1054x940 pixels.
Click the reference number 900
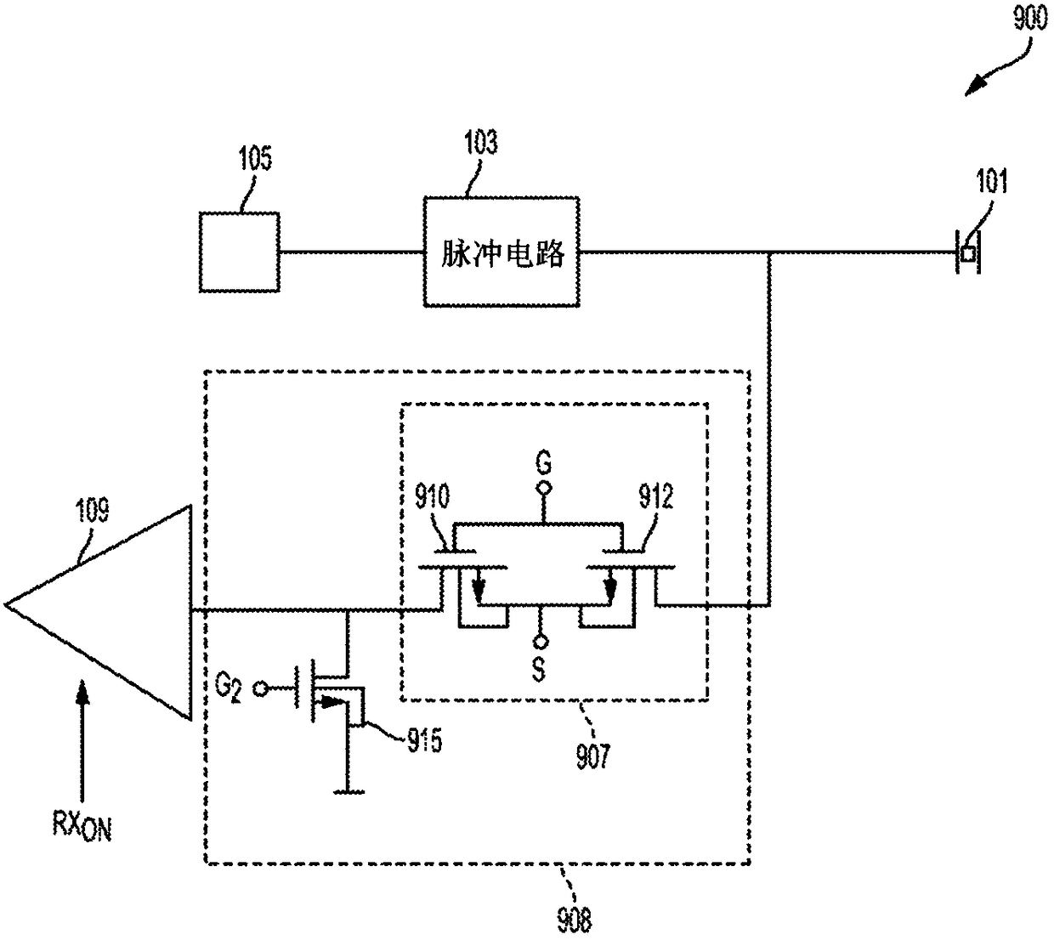(x=1029, y=20)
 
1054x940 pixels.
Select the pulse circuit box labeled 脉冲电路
(x=501, y=252)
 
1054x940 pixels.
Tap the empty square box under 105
(x=240, y=252)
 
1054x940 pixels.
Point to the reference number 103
(x=481, y=142)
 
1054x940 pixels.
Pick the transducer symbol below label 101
(x=968, y=252)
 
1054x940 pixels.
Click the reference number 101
(x=991, y=181)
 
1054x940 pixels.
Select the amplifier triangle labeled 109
(x=99, y=612)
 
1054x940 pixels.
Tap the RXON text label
(x=82, y=826)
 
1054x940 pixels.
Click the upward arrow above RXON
(x=82, y=741)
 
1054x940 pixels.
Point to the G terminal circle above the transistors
(x=544, y=489)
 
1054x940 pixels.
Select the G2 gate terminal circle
(x=260, y=690)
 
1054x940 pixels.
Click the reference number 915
(x=424, y=740)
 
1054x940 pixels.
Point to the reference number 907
(x=592, y=756)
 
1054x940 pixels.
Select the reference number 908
(x=575, y=920)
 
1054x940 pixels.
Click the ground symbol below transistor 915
(x=348, y=792)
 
